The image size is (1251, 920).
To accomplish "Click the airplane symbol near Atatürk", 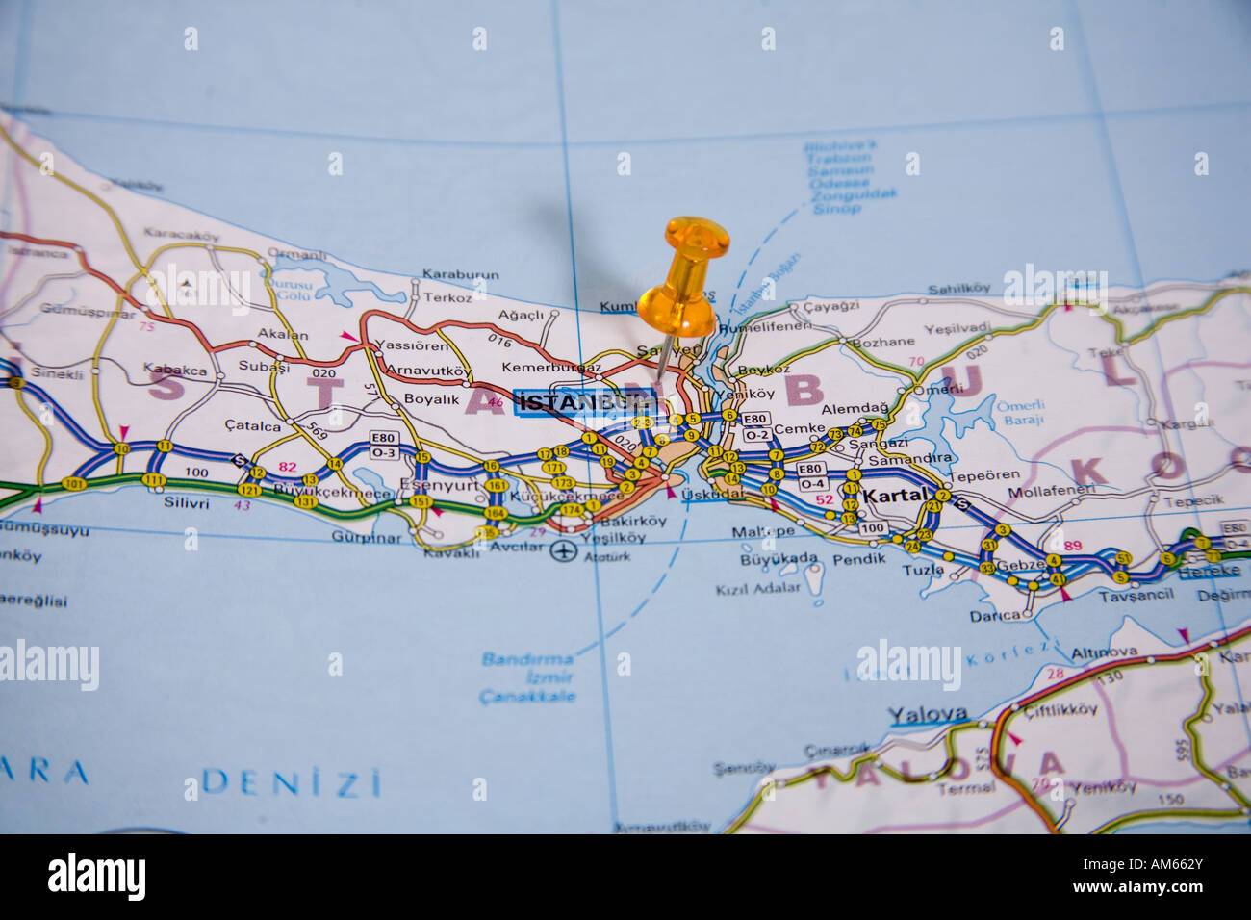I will (x=563, y=551).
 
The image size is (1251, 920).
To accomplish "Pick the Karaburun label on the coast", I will (x=461, y=274).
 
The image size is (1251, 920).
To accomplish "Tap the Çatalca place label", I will (x=252, y=425).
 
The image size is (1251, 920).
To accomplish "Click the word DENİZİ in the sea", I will (x=292, y=781).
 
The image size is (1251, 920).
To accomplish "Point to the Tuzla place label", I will (x=922, y=569).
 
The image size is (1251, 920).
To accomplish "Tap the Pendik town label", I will (x=858, y=559).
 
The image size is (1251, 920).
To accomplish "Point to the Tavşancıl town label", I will (x=1136, y=594).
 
